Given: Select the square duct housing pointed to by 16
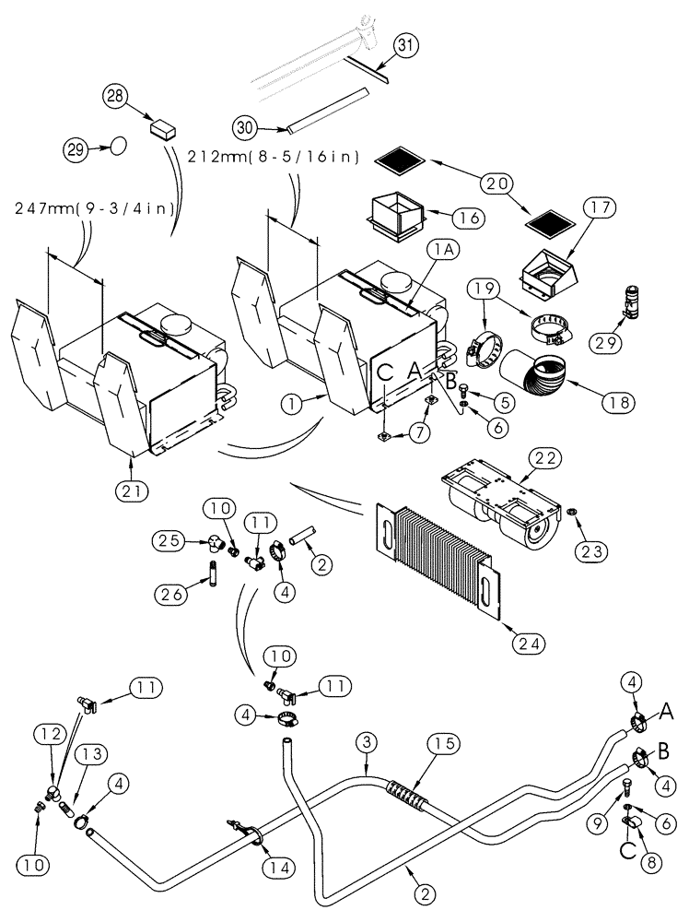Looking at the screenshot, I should coord(395,218).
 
